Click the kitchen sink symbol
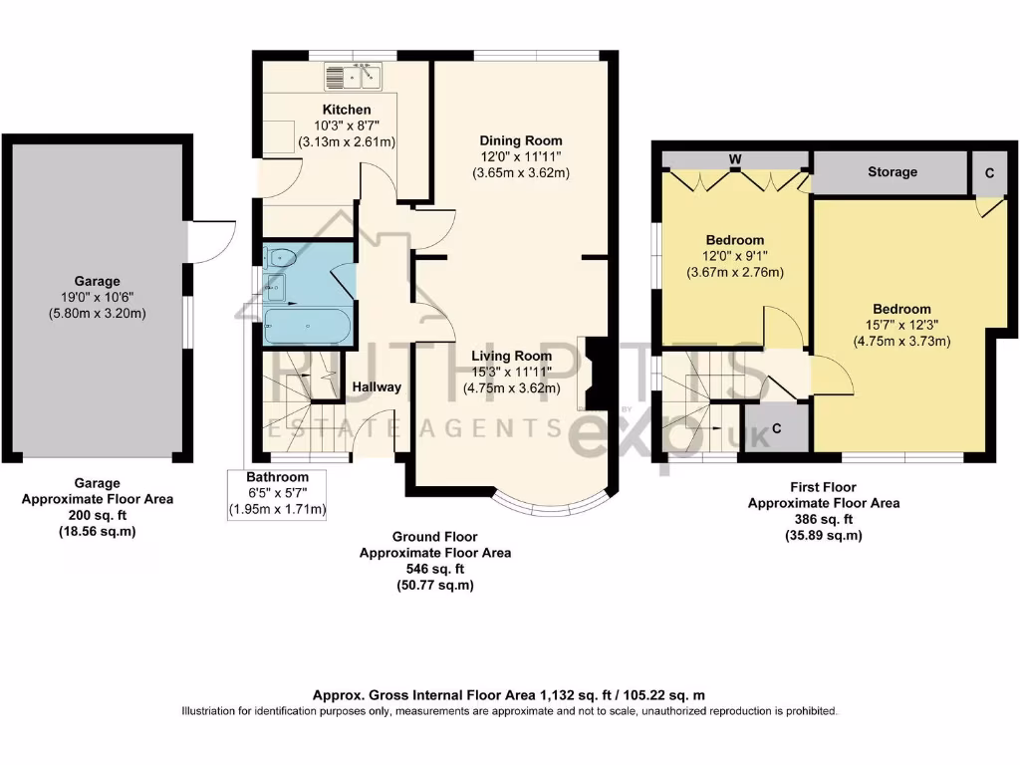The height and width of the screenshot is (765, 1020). [x=355, y=75]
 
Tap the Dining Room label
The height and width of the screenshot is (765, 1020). [x=521, y=140]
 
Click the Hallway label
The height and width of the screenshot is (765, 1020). [x=377, y=387]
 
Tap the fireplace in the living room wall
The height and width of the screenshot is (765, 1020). [x=596, y=375]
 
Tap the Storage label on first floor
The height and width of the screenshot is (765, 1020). [x=892, y=172]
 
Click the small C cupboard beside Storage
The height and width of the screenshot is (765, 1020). [x=989, y=172]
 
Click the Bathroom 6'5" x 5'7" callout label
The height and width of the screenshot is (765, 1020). [x=278, y=494]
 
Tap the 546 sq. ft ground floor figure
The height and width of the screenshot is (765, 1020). [x=434, y=569]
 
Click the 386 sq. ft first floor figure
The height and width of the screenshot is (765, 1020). [x=823, y=519]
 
